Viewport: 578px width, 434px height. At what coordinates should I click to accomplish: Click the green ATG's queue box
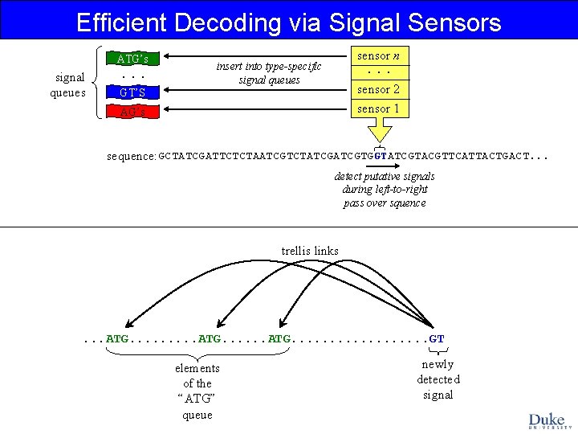(132, 59)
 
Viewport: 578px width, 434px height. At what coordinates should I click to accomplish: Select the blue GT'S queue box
(132, 92)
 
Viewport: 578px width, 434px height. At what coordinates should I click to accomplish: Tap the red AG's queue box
(132, 112)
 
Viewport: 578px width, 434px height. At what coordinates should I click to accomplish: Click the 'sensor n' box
(378, 56)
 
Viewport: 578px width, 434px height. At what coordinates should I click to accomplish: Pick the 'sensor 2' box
(378, 89)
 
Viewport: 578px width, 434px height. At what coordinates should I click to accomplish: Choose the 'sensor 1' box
(378, 108)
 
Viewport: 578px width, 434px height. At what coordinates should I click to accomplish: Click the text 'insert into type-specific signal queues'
(268, 73)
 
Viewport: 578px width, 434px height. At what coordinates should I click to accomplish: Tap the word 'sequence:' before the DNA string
(132, 155)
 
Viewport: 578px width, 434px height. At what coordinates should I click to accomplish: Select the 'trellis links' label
(310, 251)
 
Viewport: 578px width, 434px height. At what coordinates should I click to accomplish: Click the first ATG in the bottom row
(117, 339)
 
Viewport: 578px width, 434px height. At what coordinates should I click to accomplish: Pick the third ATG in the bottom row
(279, 339)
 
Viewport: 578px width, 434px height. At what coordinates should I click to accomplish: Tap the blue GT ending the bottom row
(437, 339)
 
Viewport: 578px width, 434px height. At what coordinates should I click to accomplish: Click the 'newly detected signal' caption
(438, 379)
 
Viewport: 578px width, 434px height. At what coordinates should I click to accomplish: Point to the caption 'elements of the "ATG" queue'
(197, 391)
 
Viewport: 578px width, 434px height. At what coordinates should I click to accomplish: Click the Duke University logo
(547, 420)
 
